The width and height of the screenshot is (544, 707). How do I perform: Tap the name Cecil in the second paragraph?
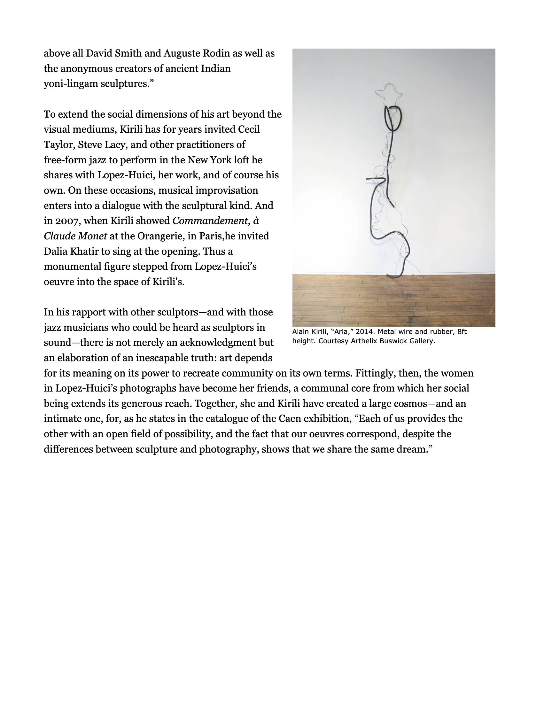click(x=249, y=129)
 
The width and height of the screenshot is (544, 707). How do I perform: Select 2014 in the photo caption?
click(x=365, y=332)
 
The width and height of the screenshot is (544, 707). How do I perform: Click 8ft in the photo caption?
click(x=462, y=332)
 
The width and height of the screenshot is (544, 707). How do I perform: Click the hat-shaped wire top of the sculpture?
click(x=389, y=92)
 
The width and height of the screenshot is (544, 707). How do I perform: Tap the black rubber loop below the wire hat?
click(x=393, y=118)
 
